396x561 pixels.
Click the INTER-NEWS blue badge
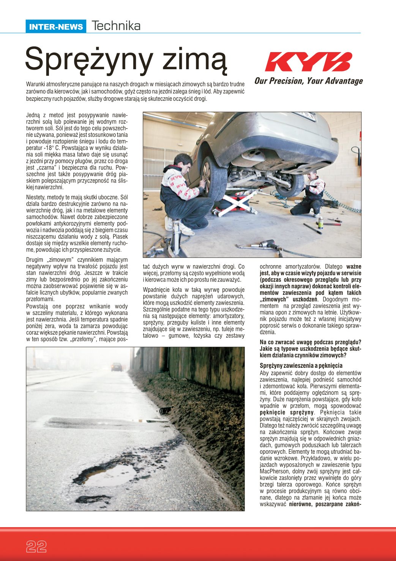pyautogui.click(x=56, y=27)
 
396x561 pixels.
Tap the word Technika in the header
pyautogui.click(x=116, y=26)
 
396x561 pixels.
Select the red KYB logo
pyautogui.click(x=308, y=62)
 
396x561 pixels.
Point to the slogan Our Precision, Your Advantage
pyautogui.click(x=308, y=81)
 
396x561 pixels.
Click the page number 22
pyautogui.click(x=36, y=547)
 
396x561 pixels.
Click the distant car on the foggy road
pyautogui.click(x=117, y=367)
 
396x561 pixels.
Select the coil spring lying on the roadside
pyautogui.click(x=164, y=410)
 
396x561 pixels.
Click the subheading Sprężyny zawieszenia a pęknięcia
pyautogui.click(x=301, y=366)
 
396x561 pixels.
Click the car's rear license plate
pyautogui.click(x=304, y=116)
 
